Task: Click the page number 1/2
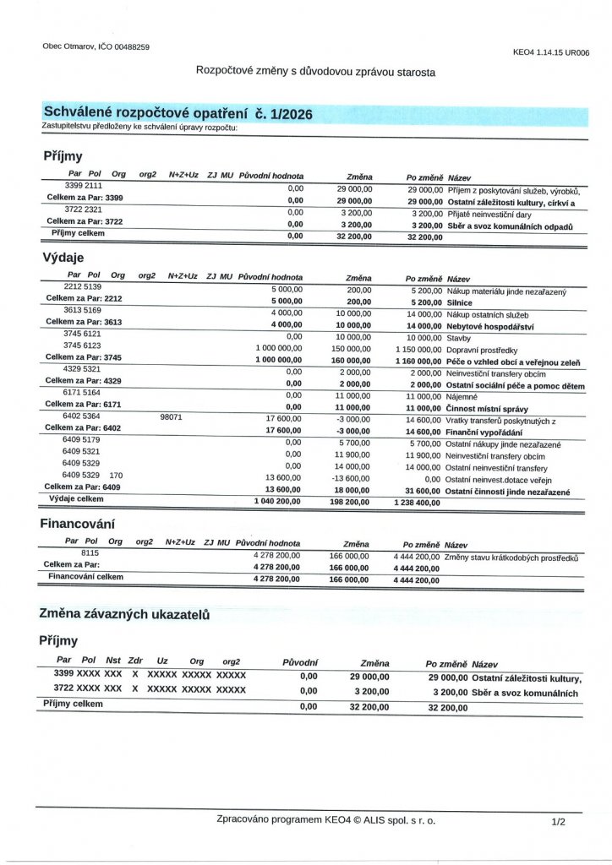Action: pos(557,820)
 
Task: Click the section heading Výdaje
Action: pos(63,256)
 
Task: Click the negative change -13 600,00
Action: pos(348,477)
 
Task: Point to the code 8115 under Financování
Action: pos(90,552)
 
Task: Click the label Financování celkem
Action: pos(85,577)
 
